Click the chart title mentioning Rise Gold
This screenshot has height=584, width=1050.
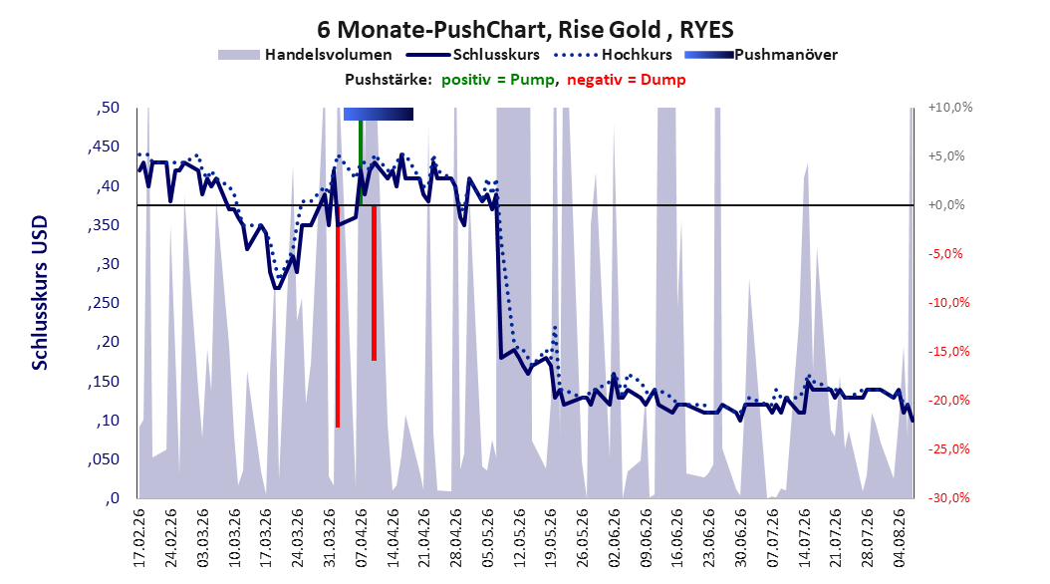(x=525, y=30)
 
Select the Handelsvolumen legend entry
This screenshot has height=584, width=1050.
(x=306, y=55)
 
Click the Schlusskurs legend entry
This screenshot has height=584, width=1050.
(x=473, y=55)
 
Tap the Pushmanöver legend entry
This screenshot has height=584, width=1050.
(x=761, y=55)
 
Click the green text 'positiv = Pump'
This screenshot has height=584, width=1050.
(x=498, y=80)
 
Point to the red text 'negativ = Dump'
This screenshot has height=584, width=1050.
(x=627, y=80)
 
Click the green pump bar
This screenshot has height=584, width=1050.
(x=361, y=162)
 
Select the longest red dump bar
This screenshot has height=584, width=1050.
(x=338, y=316)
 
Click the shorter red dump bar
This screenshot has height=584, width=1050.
(x=374, y=283)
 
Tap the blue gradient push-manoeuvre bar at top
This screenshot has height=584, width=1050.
(x=379, y=114)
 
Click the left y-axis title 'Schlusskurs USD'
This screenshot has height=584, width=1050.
(x=40, y=293)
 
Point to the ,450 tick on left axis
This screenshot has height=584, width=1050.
(x=104, y=146)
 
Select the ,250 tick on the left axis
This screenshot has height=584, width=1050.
(x=104, y=303)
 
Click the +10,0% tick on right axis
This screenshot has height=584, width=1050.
(x=950, y=108)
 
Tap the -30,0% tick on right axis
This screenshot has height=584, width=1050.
(x=948, y=497)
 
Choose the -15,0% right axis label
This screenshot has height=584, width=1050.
(x=948, y=352)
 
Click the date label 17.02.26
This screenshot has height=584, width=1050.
(x=139, y=538)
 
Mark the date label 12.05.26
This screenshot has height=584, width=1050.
(x=519, y=538)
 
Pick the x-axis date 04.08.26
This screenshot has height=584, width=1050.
(x=900, y=538)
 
